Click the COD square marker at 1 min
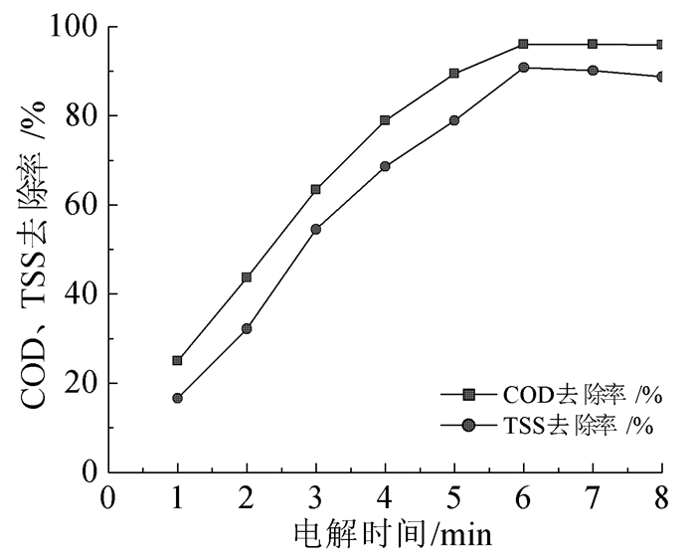pos(178,360)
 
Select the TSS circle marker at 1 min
pos(178,398)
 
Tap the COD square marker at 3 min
pos(316,189)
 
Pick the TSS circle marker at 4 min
pos(385,166)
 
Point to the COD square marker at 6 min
pos(523,44)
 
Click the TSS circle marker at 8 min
pos(661,77)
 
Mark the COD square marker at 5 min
pos(454,73)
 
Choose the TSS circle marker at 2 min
pos(247,328)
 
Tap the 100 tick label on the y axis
pos(72,27)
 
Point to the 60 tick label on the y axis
pos(80,205)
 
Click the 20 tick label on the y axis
pos(80,383)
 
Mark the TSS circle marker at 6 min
pos(523,68)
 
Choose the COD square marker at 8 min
pos(661,45)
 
